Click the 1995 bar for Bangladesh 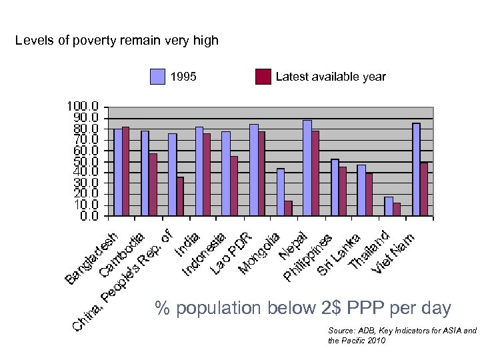(118, 172)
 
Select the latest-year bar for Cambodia (153, 185)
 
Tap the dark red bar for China (180, 196)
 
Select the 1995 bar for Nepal (307, 168)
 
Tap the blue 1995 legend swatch (157, 77)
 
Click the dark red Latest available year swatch (263, 77)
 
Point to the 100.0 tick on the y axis (82, 107)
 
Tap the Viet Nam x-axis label (395, 252)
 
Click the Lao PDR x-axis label (232, 253)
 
